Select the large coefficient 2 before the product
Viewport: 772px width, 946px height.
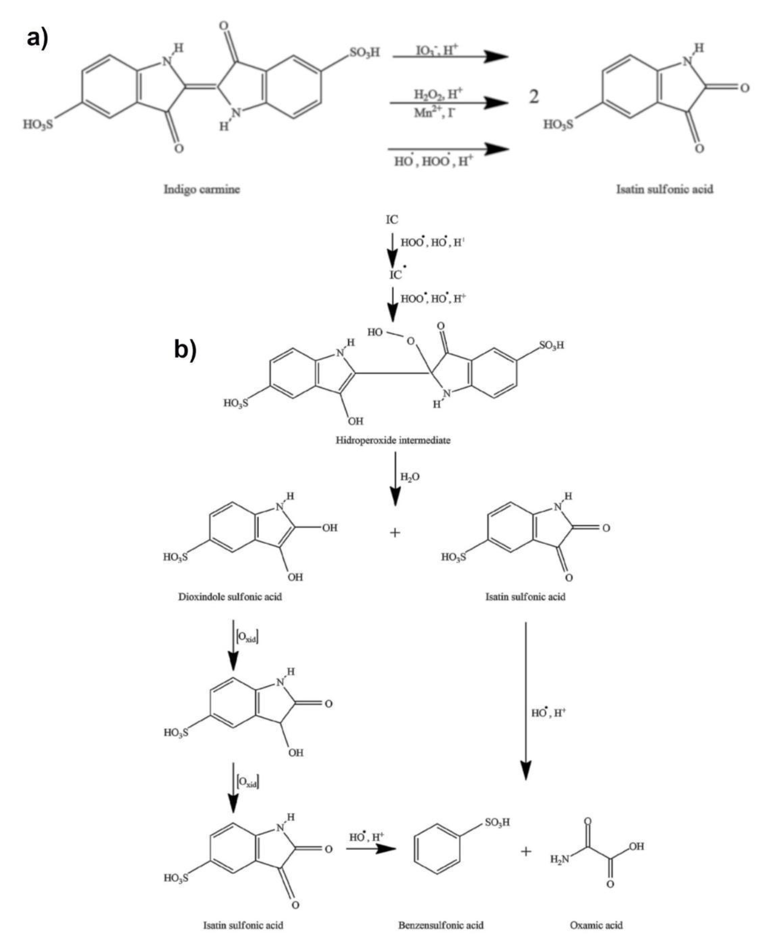[x=534, y=96]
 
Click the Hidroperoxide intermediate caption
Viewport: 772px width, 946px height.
[x=393, y=441]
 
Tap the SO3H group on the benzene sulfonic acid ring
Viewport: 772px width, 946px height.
[x=497, y=822]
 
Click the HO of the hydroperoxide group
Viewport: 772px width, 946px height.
[x=375, y=332]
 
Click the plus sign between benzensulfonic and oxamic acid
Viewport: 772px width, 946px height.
[x=526, y=852]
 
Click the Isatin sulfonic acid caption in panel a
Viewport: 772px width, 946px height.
[x=664, y=189]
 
